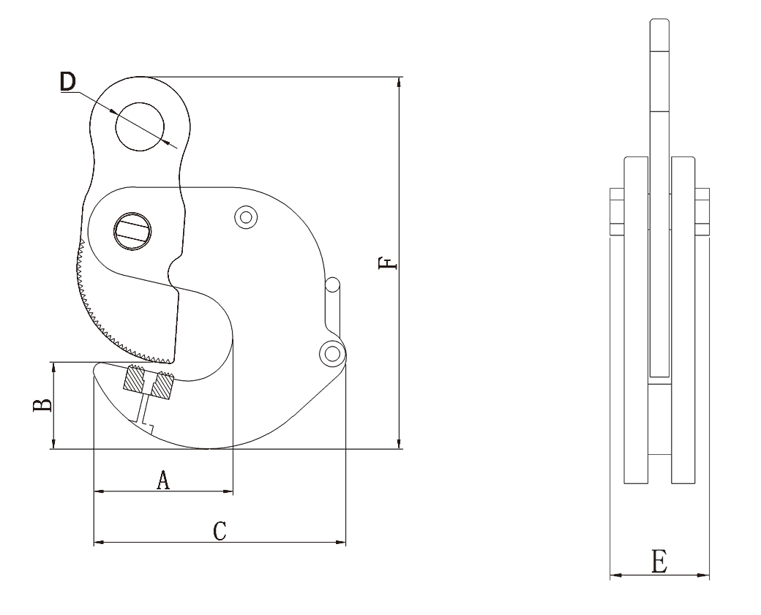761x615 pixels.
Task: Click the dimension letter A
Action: tap(164, 480)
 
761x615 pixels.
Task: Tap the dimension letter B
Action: tap(42, 405)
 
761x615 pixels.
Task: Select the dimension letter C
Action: tap(220, 531)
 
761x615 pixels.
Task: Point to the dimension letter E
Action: tap(659, 562)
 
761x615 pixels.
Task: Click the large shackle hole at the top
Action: tap(140, 127)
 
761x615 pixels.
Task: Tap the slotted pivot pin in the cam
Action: tap(132, 231)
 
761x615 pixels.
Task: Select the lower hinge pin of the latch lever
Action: tap(332, 354)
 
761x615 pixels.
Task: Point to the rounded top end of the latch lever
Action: tap(332, 284)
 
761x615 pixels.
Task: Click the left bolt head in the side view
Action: tap(617, 211)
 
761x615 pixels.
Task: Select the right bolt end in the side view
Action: tap(702, 211)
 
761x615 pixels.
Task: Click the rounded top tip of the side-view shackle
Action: tap(659, 20)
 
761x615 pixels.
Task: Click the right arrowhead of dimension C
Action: tap(341, 542)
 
